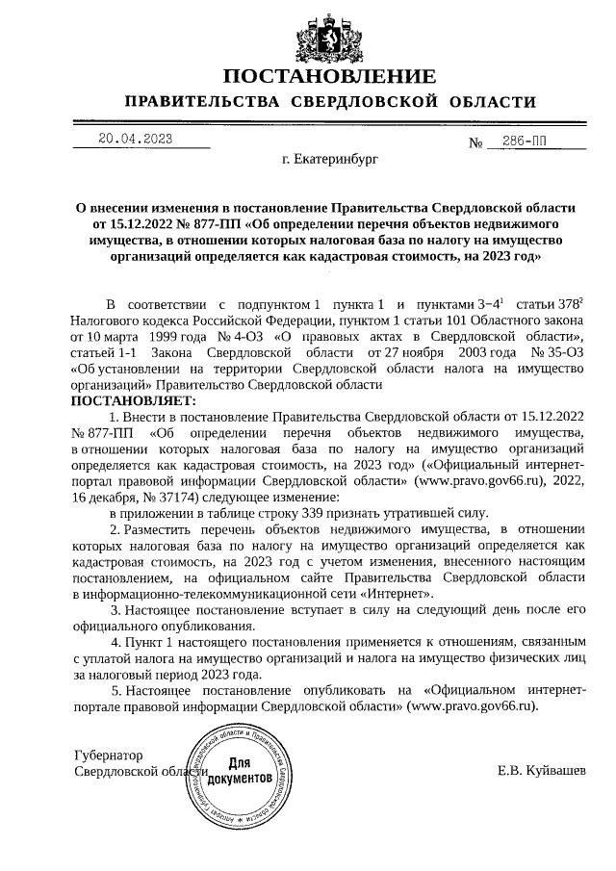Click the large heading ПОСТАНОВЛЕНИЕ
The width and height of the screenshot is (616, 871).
[329, 77]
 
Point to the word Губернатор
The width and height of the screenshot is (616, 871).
[108, 756]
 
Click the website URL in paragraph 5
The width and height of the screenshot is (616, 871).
[472, 704]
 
